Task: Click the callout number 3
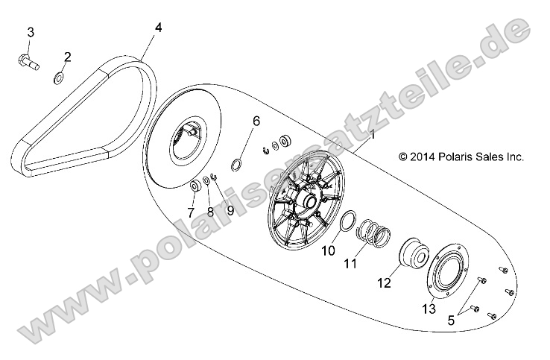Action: [31, 31]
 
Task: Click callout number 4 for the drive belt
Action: [158, 28]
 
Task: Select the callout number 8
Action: [210, 212]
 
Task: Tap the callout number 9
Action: [230, 211]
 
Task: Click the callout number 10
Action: [329, 251]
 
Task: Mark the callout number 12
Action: [383, 282]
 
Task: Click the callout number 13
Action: [429, 309]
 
